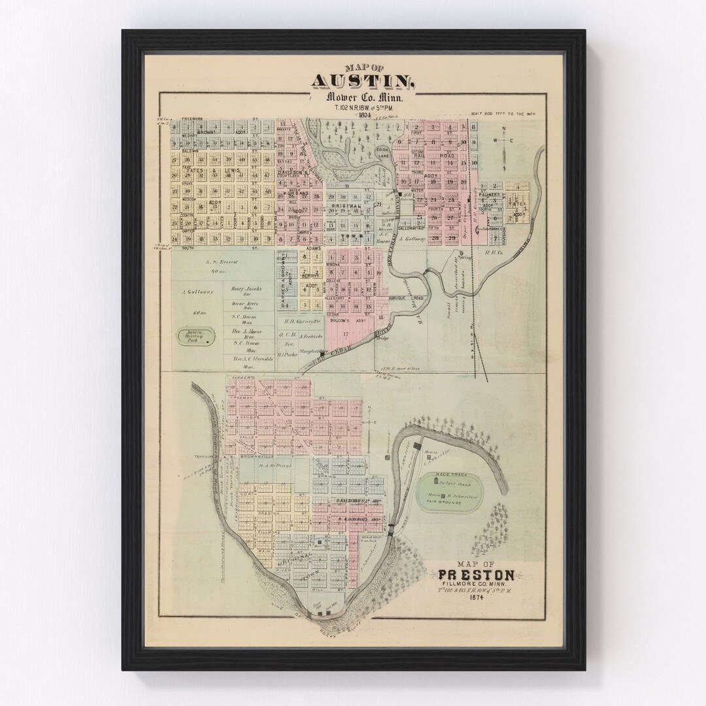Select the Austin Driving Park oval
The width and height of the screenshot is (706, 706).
click(194, 337)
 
